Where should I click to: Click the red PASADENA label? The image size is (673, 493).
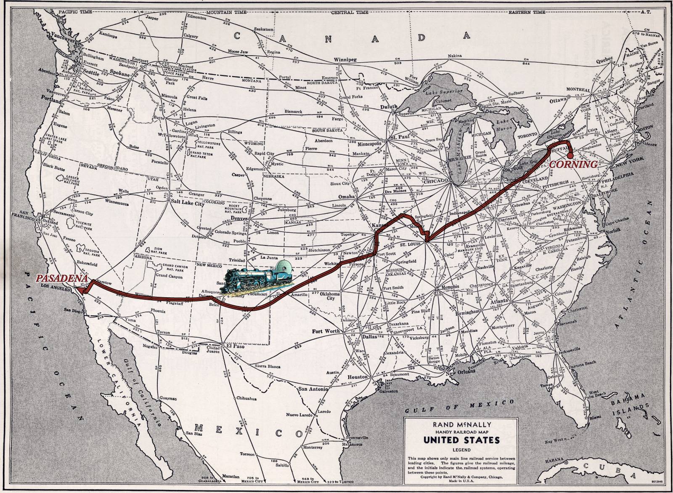coord(61,278)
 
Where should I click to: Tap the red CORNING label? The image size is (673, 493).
coord(573,165)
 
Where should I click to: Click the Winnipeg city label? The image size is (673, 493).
coord(346,60)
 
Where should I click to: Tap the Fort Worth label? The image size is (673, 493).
coord(326,331)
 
